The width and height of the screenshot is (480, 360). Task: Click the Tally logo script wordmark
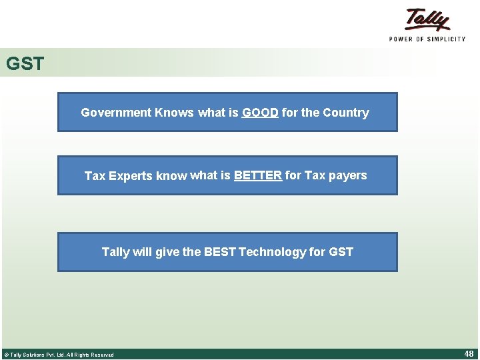[427, 20]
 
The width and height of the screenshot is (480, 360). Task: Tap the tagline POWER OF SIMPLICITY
[427, 39]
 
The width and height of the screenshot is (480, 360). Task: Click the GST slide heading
[25, 64]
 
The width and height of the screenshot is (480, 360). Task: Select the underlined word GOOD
[260, 113]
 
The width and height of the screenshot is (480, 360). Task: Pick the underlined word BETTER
[258, 175]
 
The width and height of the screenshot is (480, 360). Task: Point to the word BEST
[219, 252]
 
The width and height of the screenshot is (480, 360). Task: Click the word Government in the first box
[116, 113]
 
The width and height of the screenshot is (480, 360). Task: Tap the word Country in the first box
[345, 113]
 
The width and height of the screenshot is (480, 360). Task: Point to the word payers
[348, 175]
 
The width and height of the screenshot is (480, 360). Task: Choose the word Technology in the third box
[272, 252]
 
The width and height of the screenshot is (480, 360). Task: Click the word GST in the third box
[341, 252]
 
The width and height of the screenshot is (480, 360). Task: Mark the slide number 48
[469, 354]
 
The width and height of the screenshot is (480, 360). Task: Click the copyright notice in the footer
[59, 355]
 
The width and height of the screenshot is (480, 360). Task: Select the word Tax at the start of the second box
[95, 176]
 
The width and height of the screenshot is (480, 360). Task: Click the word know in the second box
[171, 176]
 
